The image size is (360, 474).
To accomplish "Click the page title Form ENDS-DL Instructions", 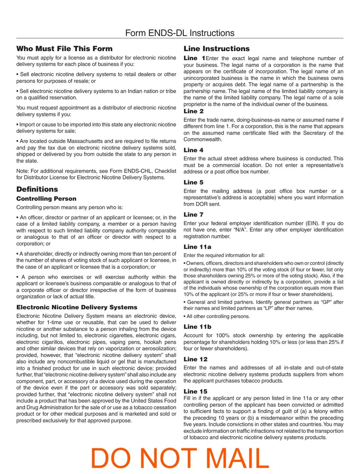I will [x=180, y=33].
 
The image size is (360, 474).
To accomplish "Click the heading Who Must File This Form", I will [x=64, y=48].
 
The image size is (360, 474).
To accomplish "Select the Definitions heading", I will [x=37, y=189].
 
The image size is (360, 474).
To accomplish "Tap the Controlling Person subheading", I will [x=46, y=199].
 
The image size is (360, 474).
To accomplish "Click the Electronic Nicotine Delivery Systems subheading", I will [x=77, y=307].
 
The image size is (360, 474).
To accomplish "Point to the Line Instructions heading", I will [x=216, y=48].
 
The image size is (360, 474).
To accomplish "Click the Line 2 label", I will [x=194, y=111].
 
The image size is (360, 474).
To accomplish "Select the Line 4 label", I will [x=194, y=150].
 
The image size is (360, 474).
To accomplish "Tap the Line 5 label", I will [x=194, y=182].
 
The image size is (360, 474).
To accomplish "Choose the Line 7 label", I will [x=194, y=215].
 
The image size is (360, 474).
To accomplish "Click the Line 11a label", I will [x=197, y=247].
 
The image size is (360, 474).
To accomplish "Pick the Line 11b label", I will [x=197, y=327].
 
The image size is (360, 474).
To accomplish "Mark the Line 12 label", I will [x=196, y=359].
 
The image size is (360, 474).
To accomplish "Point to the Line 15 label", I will [x=196, y=391].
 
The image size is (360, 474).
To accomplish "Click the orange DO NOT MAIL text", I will [x=180, y=458].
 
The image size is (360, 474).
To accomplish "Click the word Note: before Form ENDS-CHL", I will [x=23, y=171].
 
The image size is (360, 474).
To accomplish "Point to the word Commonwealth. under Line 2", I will [x=203, y=139].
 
